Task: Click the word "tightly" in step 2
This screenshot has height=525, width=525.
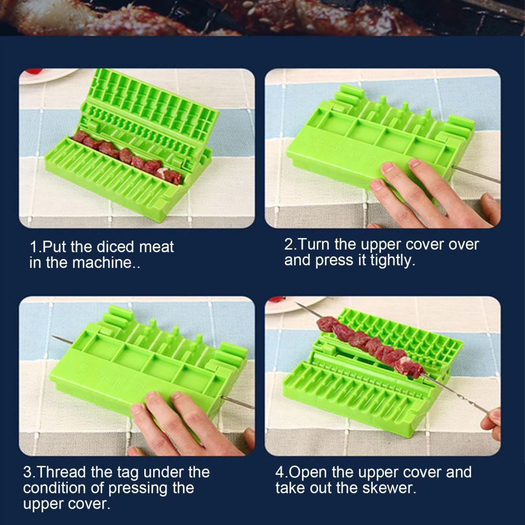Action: coord(388,261)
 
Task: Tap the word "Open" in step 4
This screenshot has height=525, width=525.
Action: coord(310,472)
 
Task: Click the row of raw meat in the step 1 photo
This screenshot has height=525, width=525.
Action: coord(126,156)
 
